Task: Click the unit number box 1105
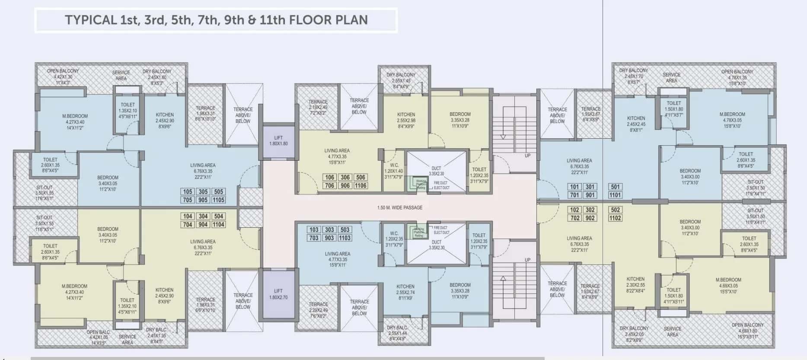pyautogui.click(x=218, y=200)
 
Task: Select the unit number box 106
pyautogui.click(x=330, y=177)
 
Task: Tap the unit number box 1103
pyautogui.click(x=345, y=238)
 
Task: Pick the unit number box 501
pyautogui.click(x=616, y=187)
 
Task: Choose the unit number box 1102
pyautogui.click(x=616, y=218)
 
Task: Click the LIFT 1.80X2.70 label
pyautogui.click(x=278, y=294)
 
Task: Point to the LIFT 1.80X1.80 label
pyautogui.click(x=278, y=141)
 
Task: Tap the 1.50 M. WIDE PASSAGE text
pyautogui.click(x=400, y=208)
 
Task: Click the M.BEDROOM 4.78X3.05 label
pyautogui.click(x=732, y=120)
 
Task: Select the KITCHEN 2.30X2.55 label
pyautogui.click(x=635, y=285)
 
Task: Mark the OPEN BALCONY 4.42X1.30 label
pyautogui.click(x=63, y=76)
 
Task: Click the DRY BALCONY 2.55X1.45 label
pyautogui.click(x=401, y=80)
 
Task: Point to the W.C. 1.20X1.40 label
pyautogui.click(x=394, y=171)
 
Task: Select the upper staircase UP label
pyautogui.click(x=527, y=156)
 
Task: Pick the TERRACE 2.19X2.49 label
pyautogui.click(x=318, y=107)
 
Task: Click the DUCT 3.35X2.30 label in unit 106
pyautogui.click(x=437, y=171)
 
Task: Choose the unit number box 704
pyautogui.click(x=188, y=225)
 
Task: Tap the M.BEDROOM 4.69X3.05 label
pyautogui.click(x=728, y=286)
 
